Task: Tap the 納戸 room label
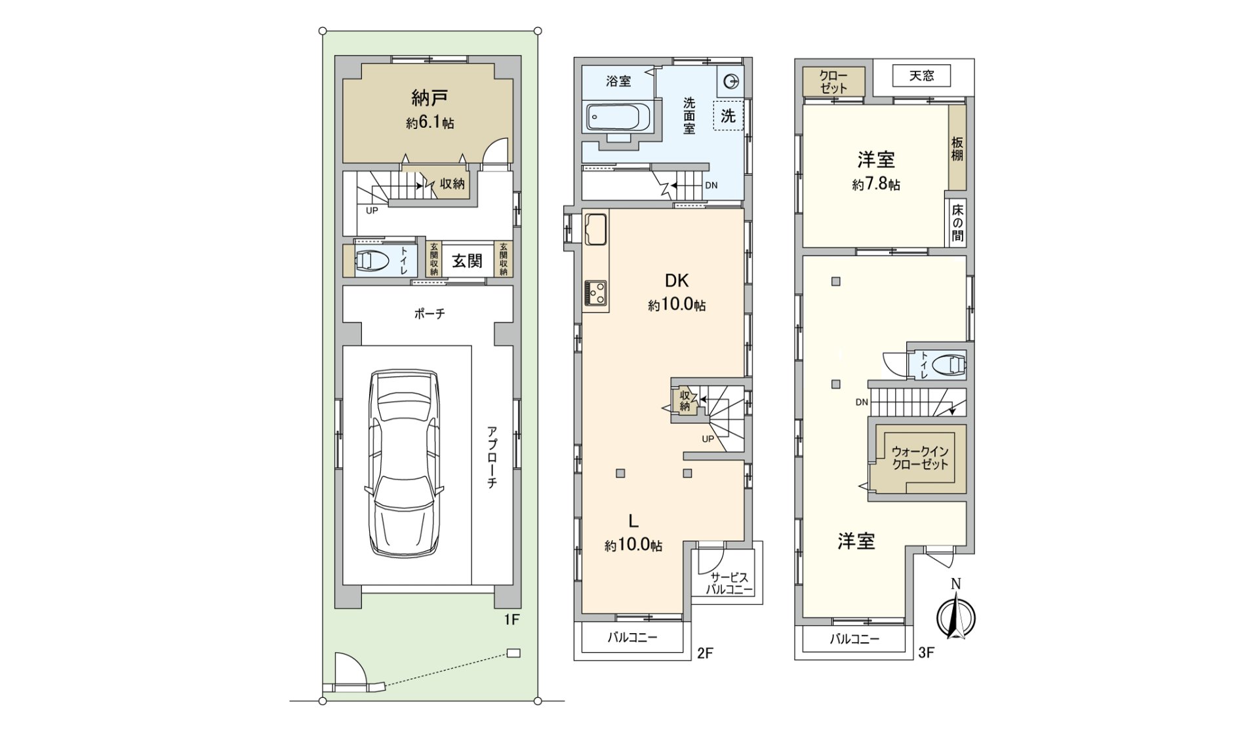pos(430,99)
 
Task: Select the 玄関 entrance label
pos(467,261)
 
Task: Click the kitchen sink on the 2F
pos(596,229)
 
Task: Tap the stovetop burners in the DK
pos(596,292)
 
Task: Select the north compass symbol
pos(956,611)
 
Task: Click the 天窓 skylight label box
pos(921,76)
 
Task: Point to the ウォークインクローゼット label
pos(920,458)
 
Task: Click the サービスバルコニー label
pos(729,583)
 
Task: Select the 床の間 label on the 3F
pos(957,222)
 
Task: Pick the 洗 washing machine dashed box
pos(729,116)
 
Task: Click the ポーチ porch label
pos(430,314)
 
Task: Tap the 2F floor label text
pos(705,653)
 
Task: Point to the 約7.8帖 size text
pos(876,185)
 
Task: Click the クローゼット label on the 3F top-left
pos(833,82)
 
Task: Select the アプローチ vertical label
pos(492,457)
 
